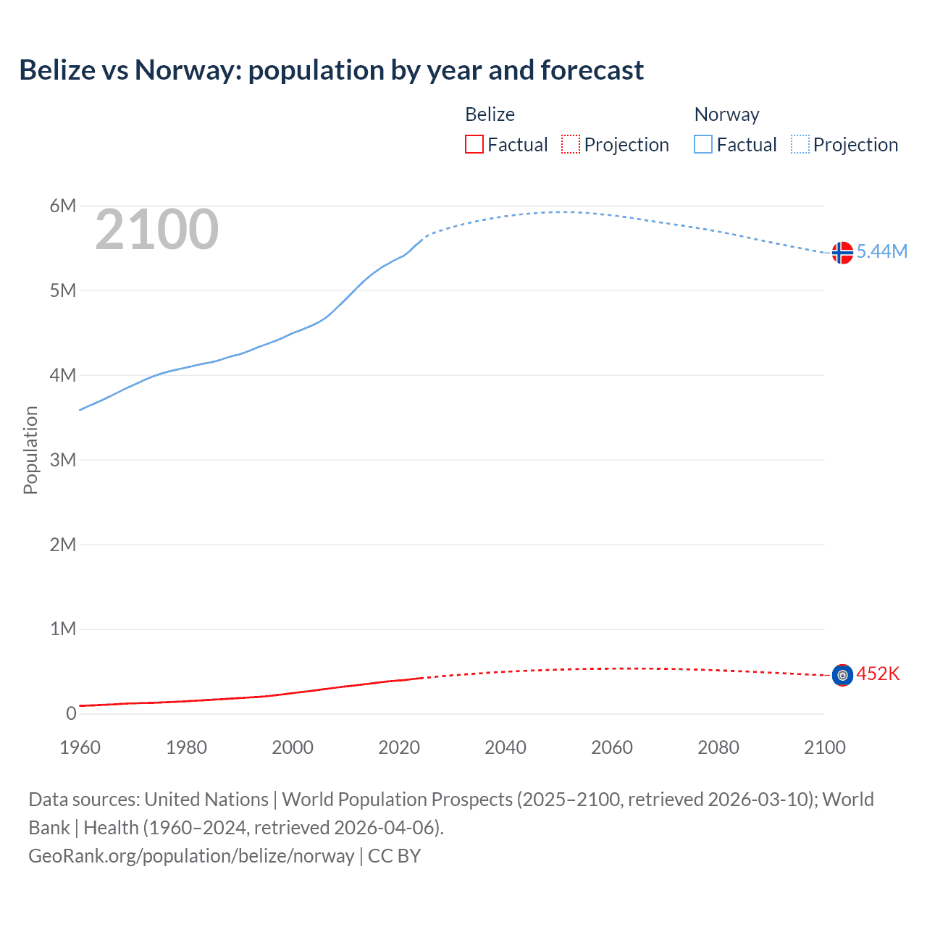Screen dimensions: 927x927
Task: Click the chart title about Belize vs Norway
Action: point(331,70)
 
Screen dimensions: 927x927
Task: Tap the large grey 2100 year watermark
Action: point(156,230)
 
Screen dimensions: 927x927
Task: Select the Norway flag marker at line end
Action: point(842,252)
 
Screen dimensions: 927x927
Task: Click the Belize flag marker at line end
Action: point(842,675)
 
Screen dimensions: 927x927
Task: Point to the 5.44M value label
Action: point(881,251)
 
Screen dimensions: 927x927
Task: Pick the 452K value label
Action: point(878,674)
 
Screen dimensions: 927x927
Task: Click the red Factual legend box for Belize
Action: point(474,145)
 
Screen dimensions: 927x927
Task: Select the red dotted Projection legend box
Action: point(571,145)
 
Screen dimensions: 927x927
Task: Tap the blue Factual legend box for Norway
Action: point(703,145)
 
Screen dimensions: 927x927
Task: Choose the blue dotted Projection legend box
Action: point(800,145)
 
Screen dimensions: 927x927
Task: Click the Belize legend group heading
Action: point(490,114)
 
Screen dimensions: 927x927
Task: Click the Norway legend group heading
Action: point(726,114)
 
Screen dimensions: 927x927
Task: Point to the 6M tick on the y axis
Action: point(63,206)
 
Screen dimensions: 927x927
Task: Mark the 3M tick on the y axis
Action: point(63,460)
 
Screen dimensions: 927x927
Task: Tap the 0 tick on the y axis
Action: point(71,713)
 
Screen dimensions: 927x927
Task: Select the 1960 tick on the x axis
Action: point(80,747)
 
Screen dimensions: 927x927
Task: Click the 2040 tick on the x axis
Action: point(506,747)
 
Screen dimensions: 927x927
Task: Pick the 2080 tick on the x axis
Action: point(718,747)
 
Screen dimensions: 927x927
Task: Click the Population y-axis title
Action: point(30,450)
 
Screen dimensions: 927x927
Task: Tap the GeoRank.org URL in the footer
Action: point(191,856)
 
